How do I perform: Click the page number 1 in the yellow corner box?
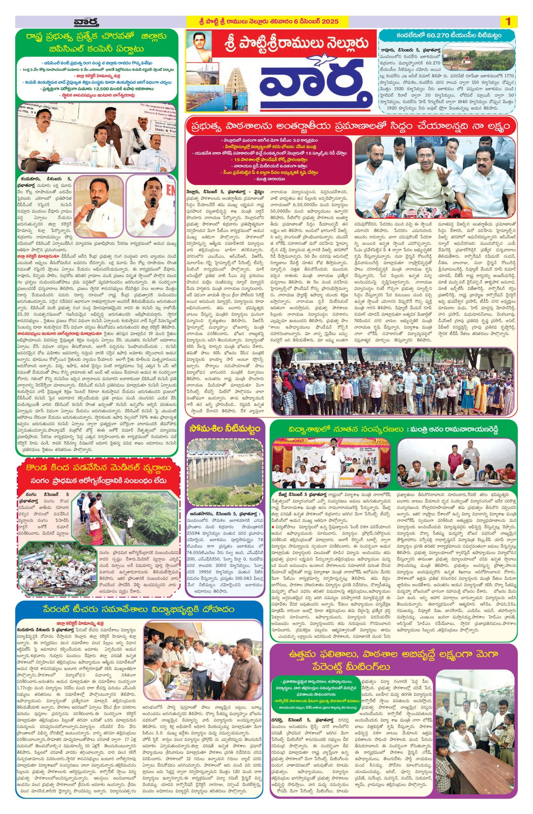click(508, 22)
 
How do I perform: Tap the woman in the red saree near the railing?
click(94, 520)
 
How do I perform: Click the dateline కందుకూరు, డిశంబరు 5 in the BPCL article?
click(45, 178)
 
